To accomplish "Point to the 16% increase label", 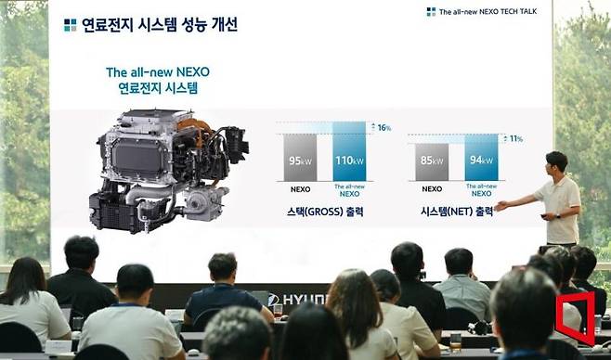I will [x=382, y=127].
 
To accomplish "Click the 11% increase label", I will [x=513, y=139].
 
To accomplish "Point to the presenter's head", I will [x=555, y=162].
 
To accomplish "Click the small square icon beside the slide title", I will [x=70, y=25].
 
